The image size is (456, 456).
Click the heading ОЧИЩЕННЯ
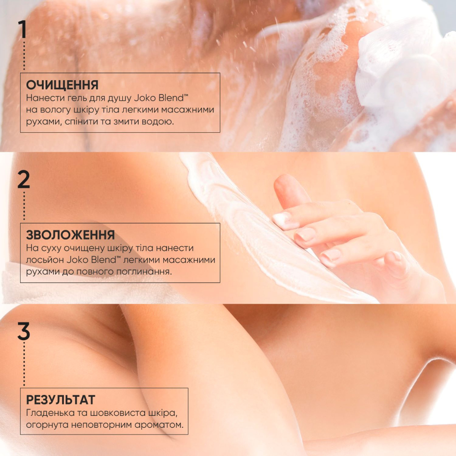pos(62,85)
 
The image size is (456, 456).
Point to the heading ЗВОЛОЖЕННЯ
pos(70,235)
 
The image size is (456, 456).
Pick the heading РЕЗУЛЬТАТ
pos(61,400)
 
